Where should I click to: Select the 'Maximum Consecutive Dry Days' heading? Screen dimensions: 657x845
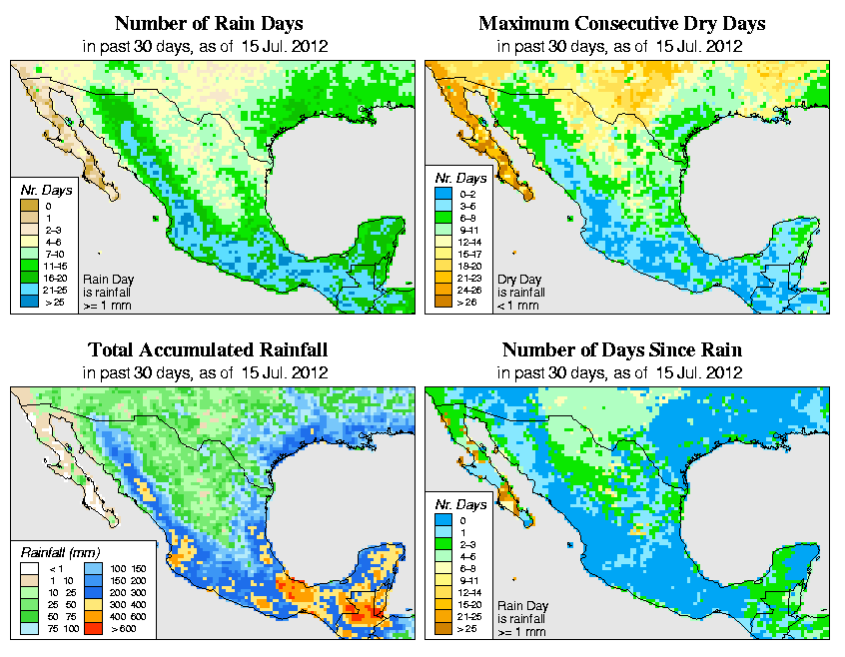(622, 23)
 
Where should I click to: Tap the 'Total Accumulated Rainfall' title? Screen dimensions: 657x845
(208, 350)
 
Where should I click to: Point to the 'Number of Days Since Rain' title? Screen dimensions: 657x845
(621, 350)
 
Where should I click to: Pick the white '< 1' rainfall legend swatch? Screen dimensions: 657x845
(29, 567)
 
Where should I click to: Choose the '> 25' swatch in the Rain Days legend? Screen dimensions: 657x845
(29, 301)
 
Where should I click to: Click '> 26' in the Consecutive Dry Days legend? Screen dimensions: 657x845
(467, 301)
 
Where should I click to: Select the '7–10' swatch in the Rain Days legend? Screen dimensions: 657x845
(29, 255)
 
